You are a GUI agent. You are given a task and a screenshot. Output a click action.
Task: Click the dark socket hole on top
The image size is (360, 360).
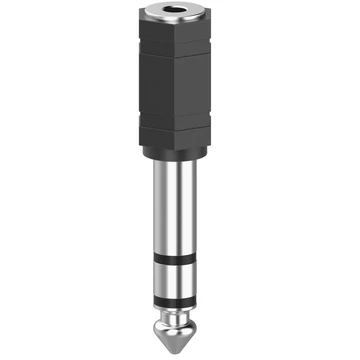click(180, 17)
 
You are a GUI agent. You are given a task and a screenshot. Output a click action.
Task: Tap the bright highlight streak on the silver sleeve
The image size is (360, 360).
click(171, 215)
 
